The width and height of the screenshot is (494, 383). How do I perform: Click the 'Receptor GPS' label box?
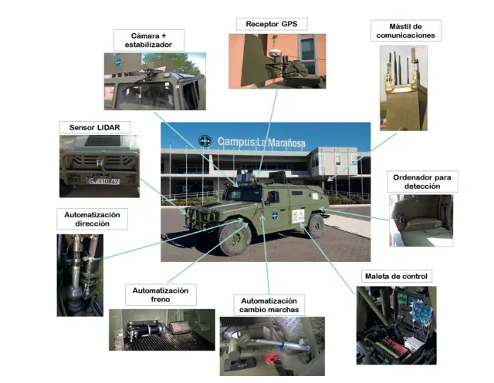271,24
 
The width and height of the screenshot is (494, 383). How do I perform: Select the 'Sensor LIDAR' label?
94,126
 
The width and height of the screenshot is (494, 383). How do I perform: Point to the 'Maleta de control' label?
394,276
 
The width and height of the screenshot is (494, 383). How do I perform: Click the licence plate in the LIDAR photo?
102,181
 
